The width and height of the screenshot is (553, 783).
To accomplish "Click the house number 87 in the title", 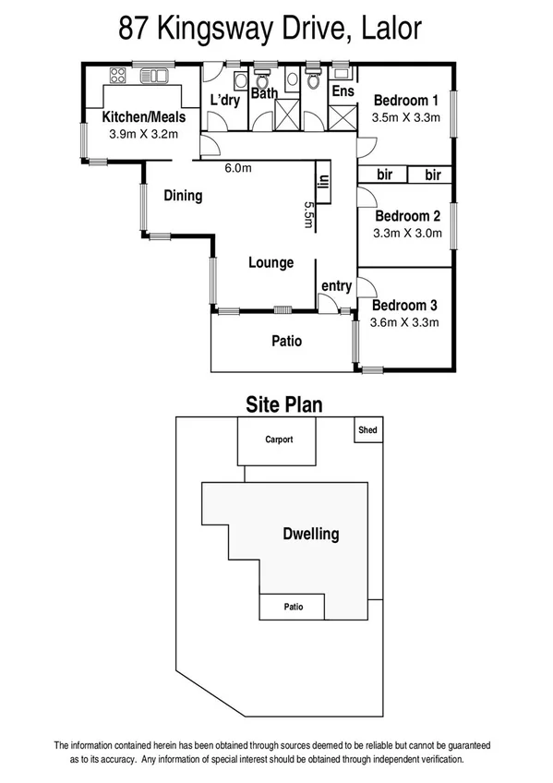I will tap(136, 28).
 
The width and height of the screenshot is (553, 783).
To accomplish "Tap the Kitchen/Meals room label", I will tap(144, 117).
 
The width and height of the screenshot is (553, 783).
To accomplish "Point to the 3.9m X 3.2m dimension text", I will tap(143, 134).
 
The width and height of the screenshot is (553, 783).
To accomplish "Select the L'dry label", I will tap(225, 99).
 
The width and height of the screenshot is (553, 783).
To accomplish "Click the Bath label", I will tap(265, 93).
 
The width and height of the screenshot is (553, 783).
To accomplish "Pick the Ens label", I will tap(342, 91).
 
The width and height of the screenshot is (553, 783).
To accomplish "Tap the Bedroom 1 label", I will tap(405, 101).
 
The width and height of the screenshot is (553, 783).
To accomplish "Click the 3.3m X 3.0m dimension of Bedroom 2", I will tap(407, 234).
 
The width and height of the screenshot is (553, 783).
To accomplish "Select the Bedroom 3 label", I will tap(404, 306).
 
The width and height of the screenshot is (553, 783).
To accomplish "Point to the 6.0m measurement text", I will tap(238, 168).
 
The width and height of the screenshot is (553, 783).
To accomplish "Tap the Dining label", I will tap(183, 196).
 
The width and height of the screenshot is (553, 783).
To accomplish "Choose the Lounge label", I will tap(270, 263).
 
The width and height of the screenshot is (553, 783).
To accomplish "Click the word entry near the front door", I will tap(336, 286).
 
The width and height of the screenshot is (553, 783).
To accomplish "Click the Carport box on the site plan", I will tap(278, 440).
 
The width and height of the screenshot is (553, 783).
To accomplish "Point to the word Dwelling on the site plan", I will tap(310, 534).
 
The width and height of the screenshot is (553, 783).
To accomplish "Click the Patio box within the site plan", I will tap(293, 607).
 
